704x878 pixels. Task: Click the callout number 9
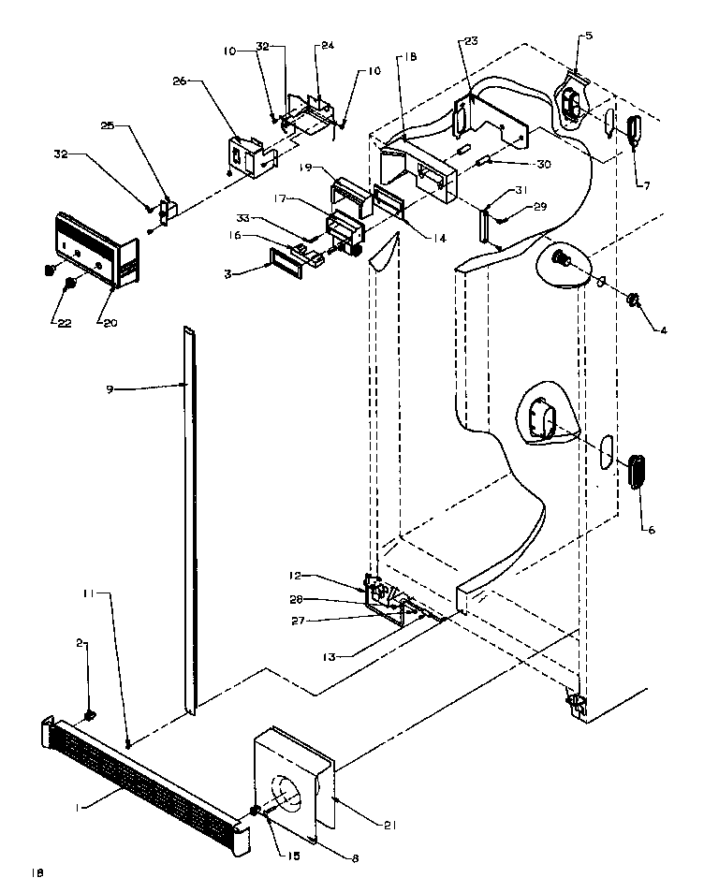pyautogui.click(x=110, y=388)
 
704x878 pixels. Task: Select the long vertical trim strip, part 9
pyautogui.click(x=191, y=515)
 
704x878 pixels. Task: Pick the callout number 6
pyautogui.click(x=652, y=530)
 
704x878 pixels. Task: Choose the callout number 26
pyautogui.click(x=179, y=81)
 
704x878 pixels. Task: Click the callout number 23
pyautogui.click(x=469, y=40)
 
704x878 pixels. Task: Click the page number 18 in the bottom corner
pyautogui.click(x=37, y=871)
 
